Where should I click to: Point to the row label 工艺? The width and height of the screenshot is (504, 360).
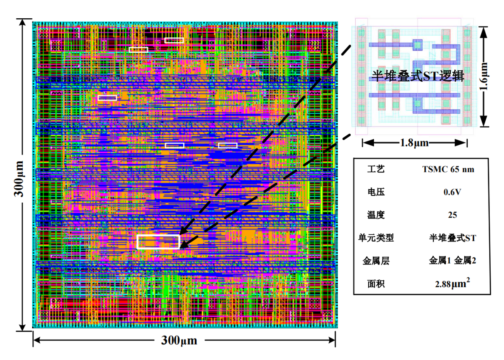click(x=375, y=170)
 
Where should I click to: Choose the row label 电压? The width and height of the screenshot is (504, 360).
click(x=375, y=192)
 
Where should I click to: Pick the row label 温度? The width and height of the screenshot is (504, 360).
click(x=375, y=215)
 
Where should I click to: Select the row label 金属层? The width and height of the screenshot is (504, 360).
click(x=376, y=261)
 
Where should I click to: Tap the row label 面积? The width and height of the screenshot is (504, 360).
click(x=375, y=284)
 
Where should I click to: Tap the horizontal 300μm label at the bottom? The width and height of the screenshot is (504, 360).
click(x=179, y=340)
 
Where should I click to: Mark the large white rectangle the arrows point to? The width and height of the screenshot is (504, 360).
click(x=159, y=242)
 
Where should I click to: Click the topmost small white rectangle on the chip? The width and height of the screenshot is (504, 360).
click(x=174, y=40)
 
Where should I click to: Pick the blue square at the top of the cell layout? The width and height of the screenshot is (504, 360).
click(x=417, y=44)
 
